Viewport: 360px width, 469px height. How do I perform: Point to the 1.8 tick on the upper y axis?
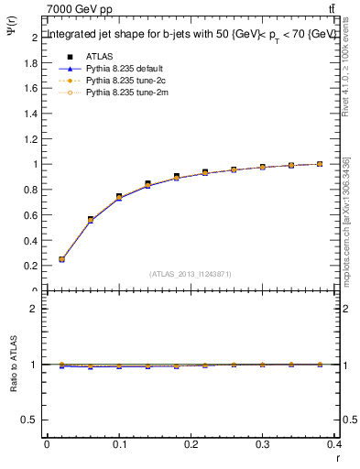click(x=34, y=63)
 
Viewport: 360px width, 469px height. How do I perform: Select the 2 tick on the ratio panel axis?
click(x=35, y=309)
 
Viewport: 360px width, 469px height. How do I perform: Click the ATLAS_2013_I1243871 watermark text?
click(x=190, y=274)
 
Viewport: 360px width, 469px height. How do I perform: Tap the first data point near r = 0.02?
click(x=61, y=259)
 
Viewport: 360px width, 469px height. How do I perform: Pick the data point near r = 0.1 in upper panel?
click(x=119, y=197)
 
